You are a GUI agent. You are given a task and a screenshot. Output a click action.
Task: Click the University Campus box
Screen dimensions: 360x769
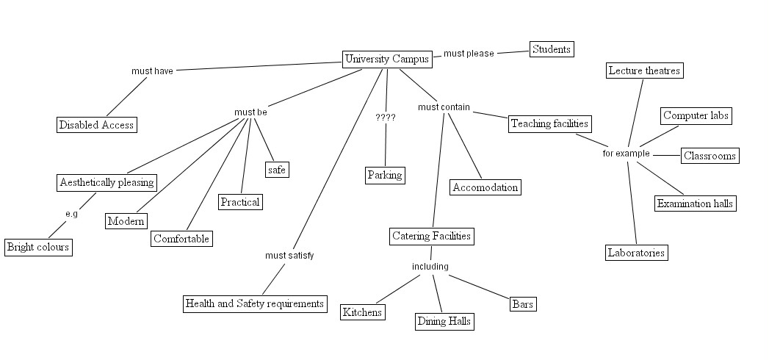click(387, 60)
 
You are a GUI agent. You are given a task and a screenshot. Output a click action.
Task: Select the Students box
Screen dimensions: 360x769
click(551, 49)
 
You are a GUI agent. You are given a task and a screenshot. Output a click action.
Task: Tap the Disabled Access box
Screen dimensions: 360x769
click(97, 125)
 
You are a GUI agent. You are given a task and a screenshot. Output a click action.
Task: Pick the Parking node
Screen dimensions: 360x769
click(385, 175)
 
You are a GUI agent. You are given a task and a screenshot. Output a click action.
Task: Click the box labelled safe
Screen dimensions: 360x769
click(276, 170)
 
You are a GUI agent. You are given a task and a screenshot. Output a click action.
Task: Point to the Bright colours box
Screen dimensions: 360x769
click(38, 247)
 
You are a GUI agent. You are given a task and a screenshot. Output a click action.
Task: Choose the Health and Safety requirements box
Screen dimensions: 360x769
click(254, 303)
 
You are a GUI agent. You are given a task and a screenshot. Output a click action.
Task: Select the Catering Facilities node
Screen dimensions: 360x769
click(431, 236)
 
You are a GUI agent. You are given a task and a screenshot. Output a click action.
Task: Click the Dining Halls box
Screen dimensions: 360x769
click(444, 321)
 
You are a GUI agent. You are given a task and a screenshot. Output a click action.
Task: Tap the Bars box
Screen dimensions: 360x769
click(523, 304)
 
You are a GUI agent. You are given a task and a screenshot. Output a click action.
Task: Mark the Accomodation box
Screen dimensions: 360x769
click(485, 187)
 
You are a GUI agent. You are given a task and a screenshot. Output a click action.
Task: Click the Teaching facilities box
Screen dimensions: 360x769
click(550, 123)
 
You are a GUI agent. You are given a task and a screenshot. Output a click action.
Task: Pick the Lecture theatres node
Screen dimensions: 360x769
click(644, 71)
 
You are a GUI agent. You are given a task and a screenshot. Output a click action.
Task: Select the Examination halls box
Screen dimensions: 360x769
click(695, 204)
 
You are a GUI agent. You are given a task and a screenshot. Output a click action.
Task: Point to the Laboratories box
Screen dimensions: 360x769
click(636, 253)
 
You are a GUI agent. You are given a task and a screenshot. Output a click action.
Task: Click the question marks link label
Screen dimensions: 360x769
click(385, 117)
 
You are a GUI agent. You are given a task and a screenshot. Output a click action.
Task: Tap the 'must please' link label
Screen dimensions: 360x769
click(469, 54)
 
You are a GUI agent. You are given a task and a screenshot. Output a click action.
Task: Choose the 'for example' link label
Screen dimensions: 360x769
click(626, 154)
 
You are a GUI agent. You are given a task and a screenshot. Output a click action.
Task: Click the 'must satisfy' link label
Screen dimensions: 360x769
click(289, 256)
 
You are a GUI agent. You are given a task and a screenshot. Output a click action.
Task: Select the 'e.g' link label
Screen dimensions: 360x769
click(71, 214)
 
